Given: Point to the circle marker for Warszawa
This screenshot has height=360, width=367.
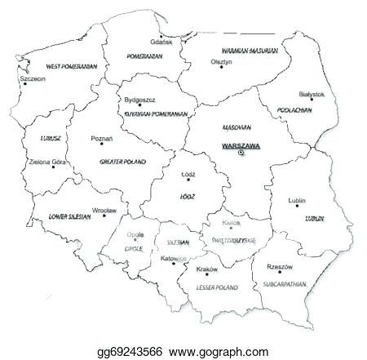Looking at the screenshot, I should (241, 153).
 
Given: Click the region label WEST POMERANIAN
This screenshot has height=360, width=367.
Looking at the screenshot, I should (71, 65).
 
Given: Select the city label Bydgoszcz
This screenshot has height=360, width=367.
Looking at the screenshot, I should (140, 100).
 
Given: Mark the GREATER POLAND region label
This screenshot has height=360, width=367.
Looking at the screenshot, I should (122, 162).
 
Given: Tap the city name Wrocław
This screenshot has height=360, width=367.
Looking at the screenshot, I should (104, 211).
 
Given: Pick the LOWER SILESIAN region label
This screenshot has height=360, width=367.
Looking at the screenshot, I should (70, 218).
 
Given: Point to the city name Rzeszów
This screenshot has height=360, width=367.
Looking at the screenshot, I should (280, 266).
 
